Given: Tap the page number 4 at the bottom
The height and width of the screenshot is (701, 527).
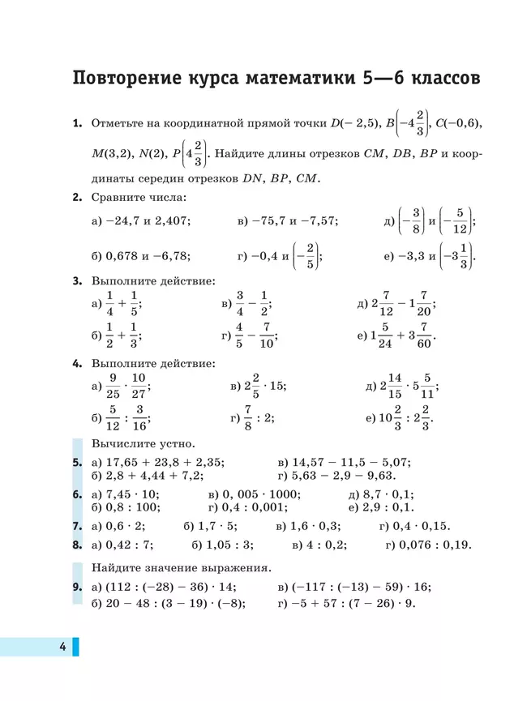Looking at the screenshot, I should point(62,646).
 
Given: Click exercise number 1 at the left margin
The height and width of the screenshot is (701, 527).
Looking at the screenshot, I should point(77,123).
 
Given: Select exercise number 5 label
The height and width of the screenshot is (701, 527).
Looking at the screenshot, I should point(77,462).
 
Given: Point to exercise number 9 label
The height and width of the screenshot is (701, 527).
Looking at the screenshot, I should point(77,587).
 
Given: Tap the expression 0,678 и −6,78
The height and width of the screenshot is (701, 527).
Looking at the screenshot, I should point(148,256).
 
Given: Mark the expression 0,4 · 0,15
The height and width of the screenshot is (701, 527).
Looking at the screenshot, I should point(422,525).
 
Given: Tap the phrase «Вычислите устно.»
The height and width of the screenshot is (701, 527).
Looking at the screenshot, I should point(143,443).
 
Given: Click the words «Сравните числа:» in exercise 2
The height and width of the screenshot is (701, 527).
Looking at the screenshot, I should point(139,196).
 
